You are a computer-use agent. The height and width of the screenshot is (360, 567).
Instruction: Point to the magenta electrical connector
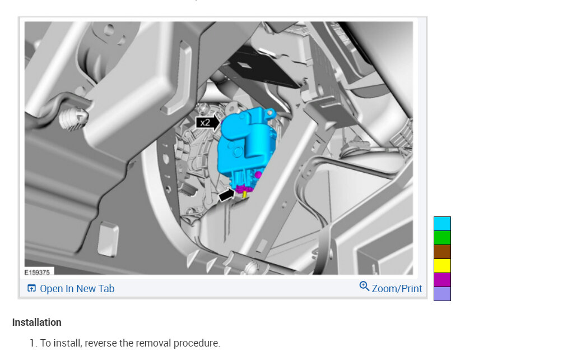(x=244, y=188)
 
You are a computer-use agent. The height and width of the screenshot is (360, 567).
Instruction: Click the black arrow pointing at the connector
(x=227, y=195)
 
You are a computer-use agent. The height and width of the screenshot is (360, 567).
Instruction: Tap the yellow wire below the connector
(x=245, y=195)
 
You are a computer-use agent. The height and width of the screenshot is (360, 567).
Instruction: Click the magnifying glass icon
(x=364, y=287)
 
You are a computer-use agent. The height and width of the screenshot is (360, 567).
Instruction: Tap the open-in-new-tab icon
(x=32, y=288)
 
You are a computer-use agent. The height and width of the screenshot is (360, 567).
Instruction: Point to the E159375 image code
(x=37, y=273)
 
